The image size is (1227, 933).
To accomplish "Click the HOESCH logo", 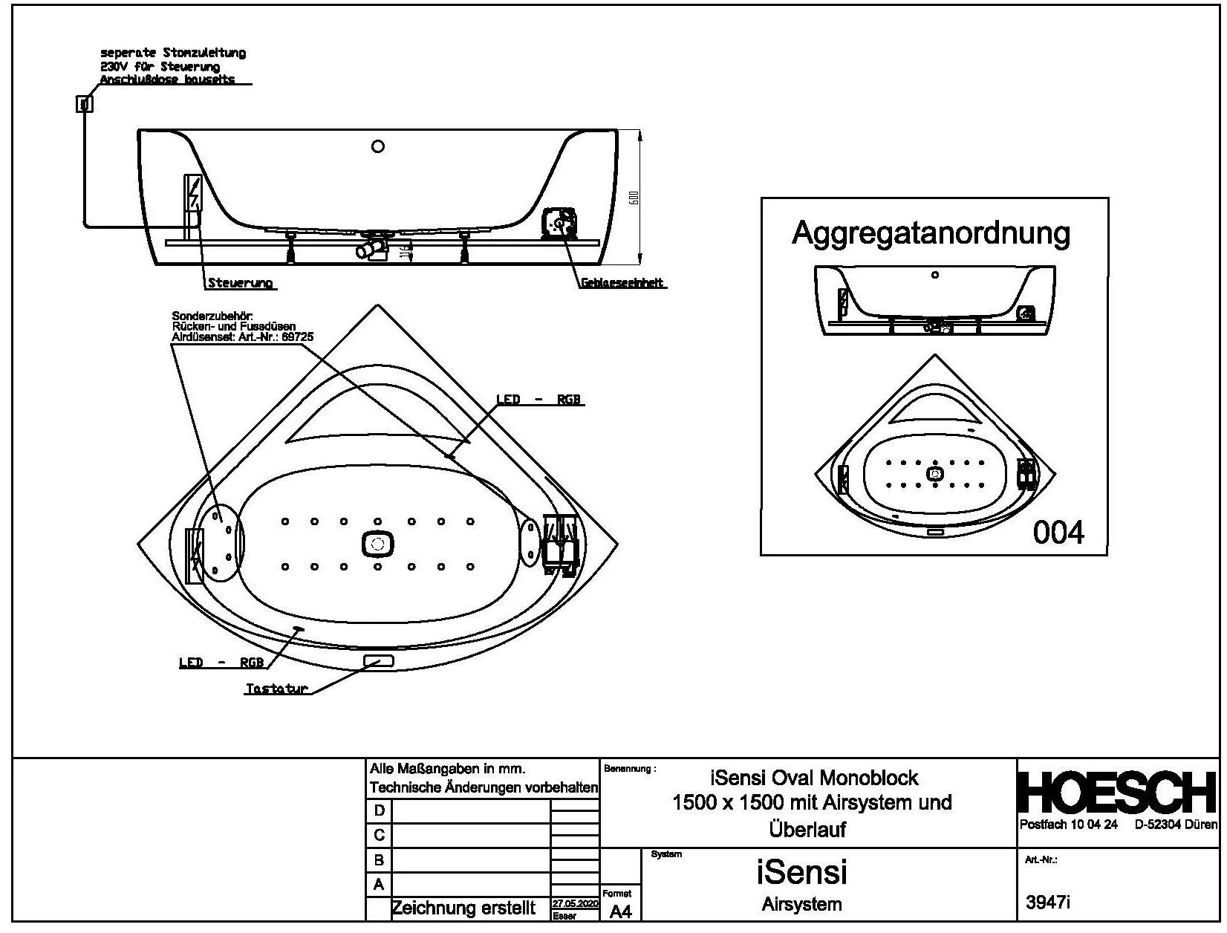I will tap(1116, 793).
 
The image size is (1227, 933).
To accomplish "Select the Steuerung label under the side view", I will tap(240, 283).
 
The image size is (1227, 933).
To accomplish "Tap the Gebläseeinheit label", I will tap(622, 283).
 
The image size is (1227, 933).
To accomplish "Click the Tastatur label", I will tap(276, 689).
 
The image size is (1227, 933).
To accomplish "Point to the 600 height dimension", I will tap(634, 198).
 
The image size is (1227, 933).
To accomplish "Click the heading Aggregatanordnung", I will tap(931, 233).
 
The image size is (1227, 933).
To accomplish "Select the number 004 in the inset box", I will tap(1058, 532).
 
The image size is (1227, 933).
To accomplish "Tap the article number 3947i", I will tap(1048, 903).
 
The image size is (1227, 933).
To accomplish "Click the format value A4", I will tap(620, 912).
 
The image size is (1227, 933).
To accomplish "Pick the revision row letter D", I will tap(379, 810).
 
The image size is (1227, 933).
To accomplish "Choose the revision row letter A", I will tap(379, 885).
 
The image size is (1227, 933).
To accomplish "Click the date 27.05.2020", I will tap(575, 904).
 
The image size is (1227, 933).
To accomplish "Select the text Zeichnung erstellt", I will tap(463, 908).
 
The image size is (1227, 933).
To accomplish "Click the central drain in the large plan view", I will tap(377, 544).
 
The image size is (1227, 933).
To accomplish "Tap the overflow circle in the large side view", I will tap(377, 146).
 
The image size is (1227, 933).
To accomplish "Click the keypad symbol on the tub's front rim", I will tap(378, 660).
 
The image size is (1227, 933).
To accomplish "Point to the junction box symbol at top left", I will tap(85, 104).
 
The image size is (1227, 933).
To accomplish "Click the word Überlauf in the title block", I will tap(807, 829).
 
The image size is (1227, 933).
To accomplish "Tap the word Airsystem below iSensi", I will tap(801, 905).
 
